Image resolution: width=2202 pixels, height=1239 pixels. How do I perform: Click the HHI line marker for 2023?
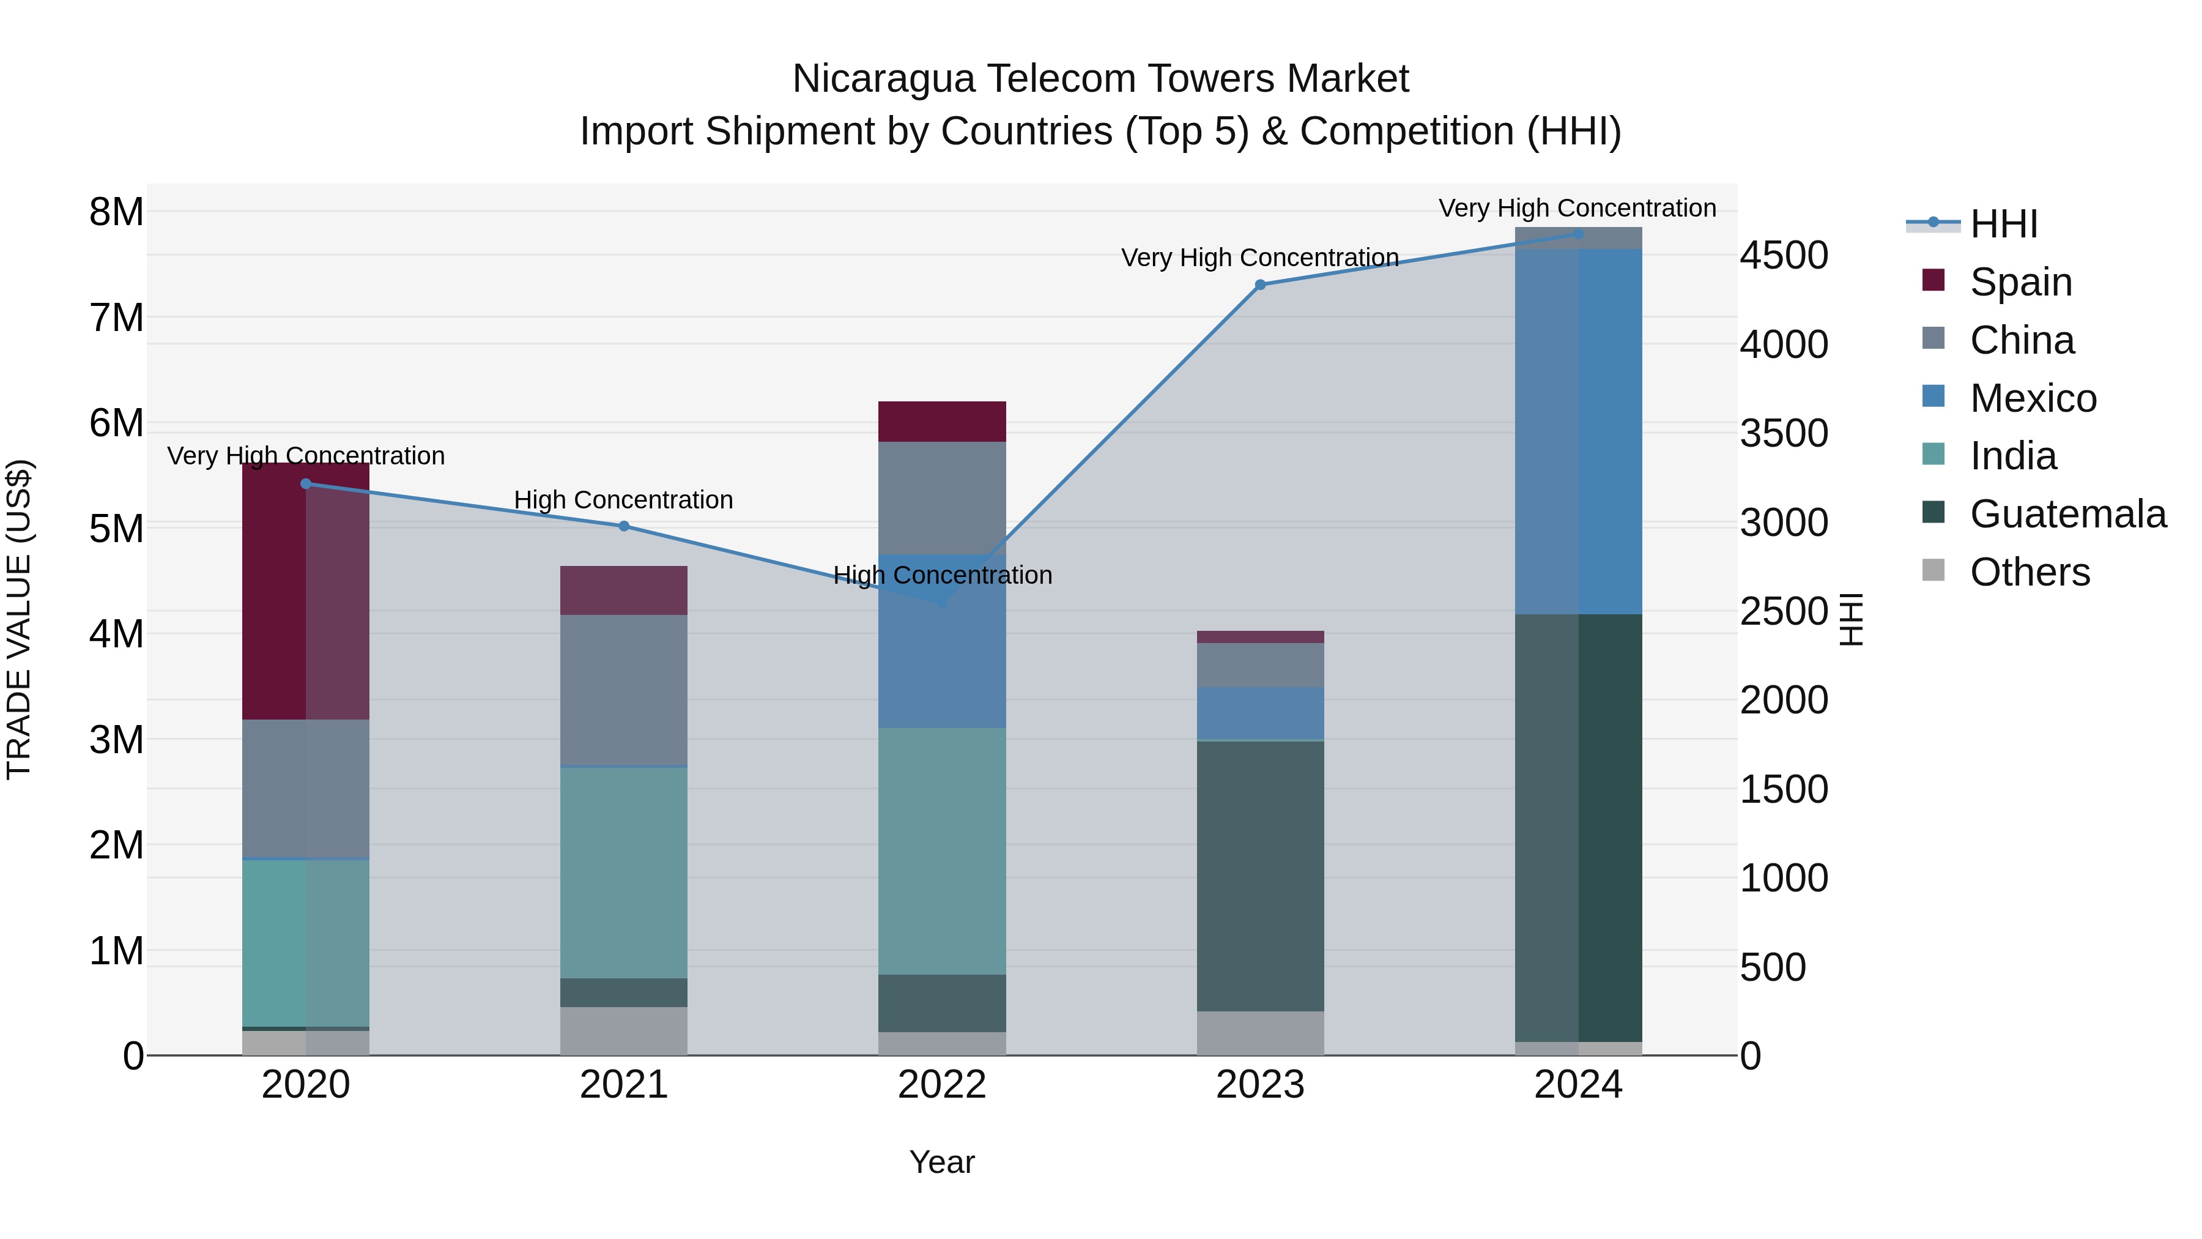click(x=1260, y=285)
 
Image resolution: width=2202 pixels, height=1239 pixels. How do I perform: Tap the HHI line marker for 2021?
click(x=624, y=526)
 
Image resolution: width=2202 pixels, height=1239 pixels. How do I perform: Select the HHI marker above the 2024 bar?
click(x=1578, y=234)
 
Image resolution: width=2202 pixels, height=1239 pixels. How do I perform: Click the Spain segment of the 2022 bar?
click(x=942, y=422)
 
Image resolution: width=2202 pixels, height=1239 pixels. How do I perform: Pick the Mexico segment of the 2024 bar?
click(x=1578, y=432)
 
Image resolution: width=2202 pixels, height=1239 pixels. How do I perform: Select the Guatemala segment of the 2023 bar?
click(x=1260, y=876)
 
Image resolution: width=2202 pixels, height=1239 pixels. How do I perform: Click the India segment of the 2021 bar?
click(x=624, y=872)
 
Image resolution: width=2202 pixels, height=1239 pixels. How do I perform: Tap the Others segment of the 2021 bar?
click(x=624, y=1030)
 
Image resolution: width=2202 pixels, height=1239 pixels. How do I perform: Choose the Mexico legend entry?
click(x=2033, y=398)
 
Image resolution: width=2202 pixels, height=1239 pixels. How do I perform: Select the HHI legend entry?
click(x=2003, y=224)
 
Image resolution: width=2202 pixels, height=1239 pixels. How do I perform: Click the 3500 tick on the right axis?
click(x=1784, y=434)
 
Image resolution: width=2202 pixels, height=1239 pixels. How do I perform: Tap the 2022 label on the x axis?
click(x=942, y=1085)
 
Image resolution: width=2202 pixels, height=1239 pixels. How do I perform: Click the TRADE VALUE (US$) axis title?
click(x=19, y=619)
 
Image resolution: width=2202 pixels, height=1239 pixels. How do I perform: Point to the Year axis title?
click(x=942, y=1162)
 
